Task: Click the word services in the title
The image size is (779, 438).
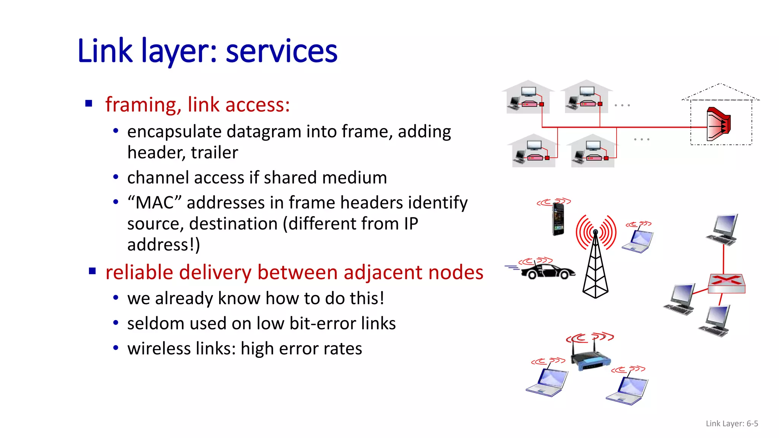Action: click(x=281, y=51)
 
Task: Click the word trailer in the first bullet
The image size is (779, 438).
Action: click(x=214, y=152)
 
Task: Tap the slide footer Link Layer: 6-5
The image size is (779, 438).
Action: click(x=731, y=423)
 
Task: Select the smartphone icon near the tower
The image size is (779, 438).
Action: click(x=558, y=219)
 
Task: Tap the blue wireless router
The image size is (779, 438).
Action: click(x=590, y=359)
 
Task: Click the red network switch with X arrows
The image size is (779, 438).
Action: click(x=726, y=283)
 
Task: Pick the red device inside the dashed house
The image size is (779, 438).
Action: click(x=718, y=124)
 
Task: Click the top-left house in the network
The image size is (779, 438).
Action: click(x=528, y=98)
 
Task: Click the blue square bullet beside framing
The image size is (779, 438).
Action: click(x=89, y=103)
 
